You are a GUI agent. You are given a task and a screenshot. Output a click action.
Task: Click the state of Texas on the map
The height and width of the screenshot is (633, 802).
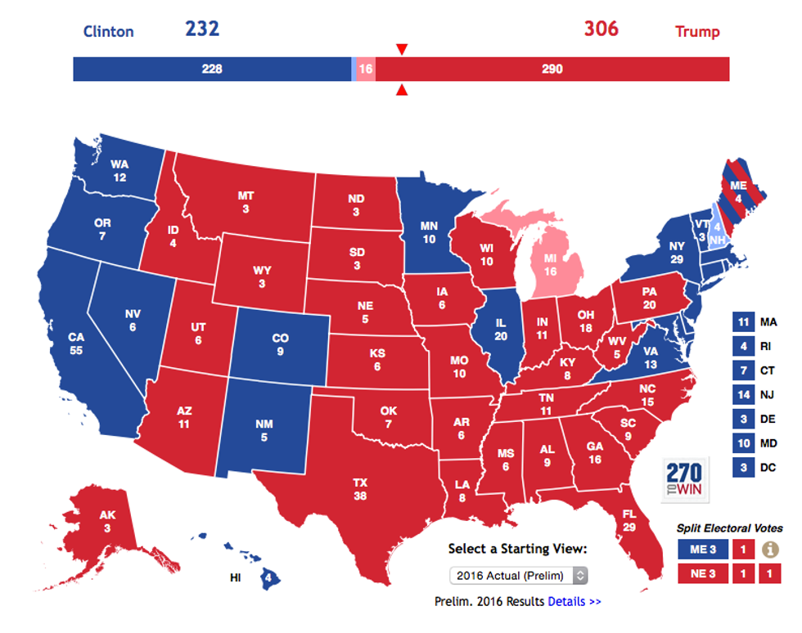pos(360,483)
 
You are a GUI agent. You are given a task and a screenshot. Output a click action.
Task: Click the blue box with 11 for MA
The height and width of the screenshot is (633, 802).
pos(742,322)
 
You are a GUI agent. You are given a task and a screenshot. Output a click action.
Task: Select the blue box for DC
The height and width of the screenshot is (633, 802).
pos(742,469)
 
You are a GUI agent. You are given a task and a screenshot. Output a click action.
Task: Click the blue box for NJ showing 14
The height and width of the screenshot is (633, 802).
pos(742,395)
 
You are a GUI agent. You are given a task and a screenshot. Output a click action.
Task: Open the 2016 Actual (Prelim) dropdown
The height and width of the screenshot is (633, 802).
pos(519,575)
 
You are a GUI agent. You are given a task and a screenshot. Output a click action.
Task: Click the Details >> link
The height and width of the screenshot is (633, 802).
pos(574,601)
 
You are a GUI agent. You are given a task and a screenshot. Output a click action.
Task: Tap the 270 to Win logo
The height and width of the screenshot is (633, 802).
pos(684,479)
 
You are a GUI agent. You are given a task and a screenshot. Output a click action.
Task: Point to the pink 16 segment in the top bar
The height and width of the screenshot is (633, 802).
pos(366,69)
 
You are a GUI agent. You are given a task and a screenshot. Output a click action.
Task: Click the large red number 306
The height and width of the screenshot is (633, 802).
pos(601,29)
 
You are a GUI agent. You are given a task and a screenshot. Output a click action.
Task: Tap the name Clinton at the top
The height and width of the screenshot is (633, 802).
pos(108,32)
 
